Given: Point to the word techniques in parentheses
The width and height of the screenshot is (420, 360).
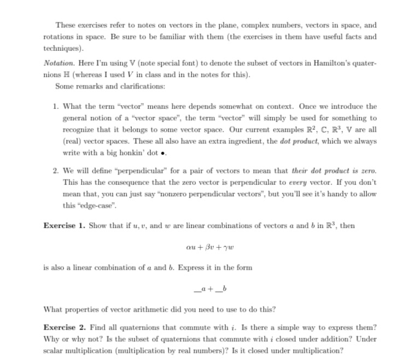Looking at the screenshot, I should point(61,48).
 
